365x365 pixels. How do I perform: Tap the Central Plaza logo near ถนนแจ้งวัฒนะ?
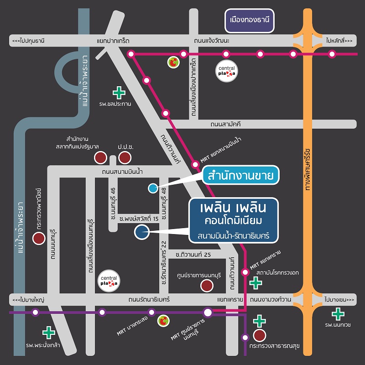pyautogui.click(x=227, y=71)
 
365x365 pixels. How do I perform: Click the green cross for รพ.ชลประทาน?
pyautogui.click(x=119, y=93)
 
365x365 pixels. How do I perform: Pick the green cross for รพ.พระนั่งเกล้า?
pyautogui.click(x=48, y=333)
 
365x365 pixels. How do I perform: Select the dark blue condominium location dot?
pyautogui.click(x=141, y=232)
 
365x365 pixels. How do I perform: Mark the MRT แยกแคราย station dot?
pyautogui.click(x=245, y=272)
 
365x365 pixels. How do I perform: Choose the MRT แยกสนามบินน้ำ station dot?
pyautogui.click(x=195, y=163)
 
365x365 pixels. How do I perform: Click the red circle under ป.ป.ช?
pyautogui.click(x=124, y=158)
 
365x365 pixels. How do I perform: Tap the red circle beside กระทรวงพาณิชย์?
pyautogui.click(x=39, y=238)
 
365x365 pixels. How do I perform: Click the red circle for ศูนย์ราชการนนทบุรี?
pyautogui.click(x=207, y=286)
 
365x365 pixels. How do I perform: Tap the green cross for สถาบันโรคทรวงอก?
pyautogui.click(x=256, y=283)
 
